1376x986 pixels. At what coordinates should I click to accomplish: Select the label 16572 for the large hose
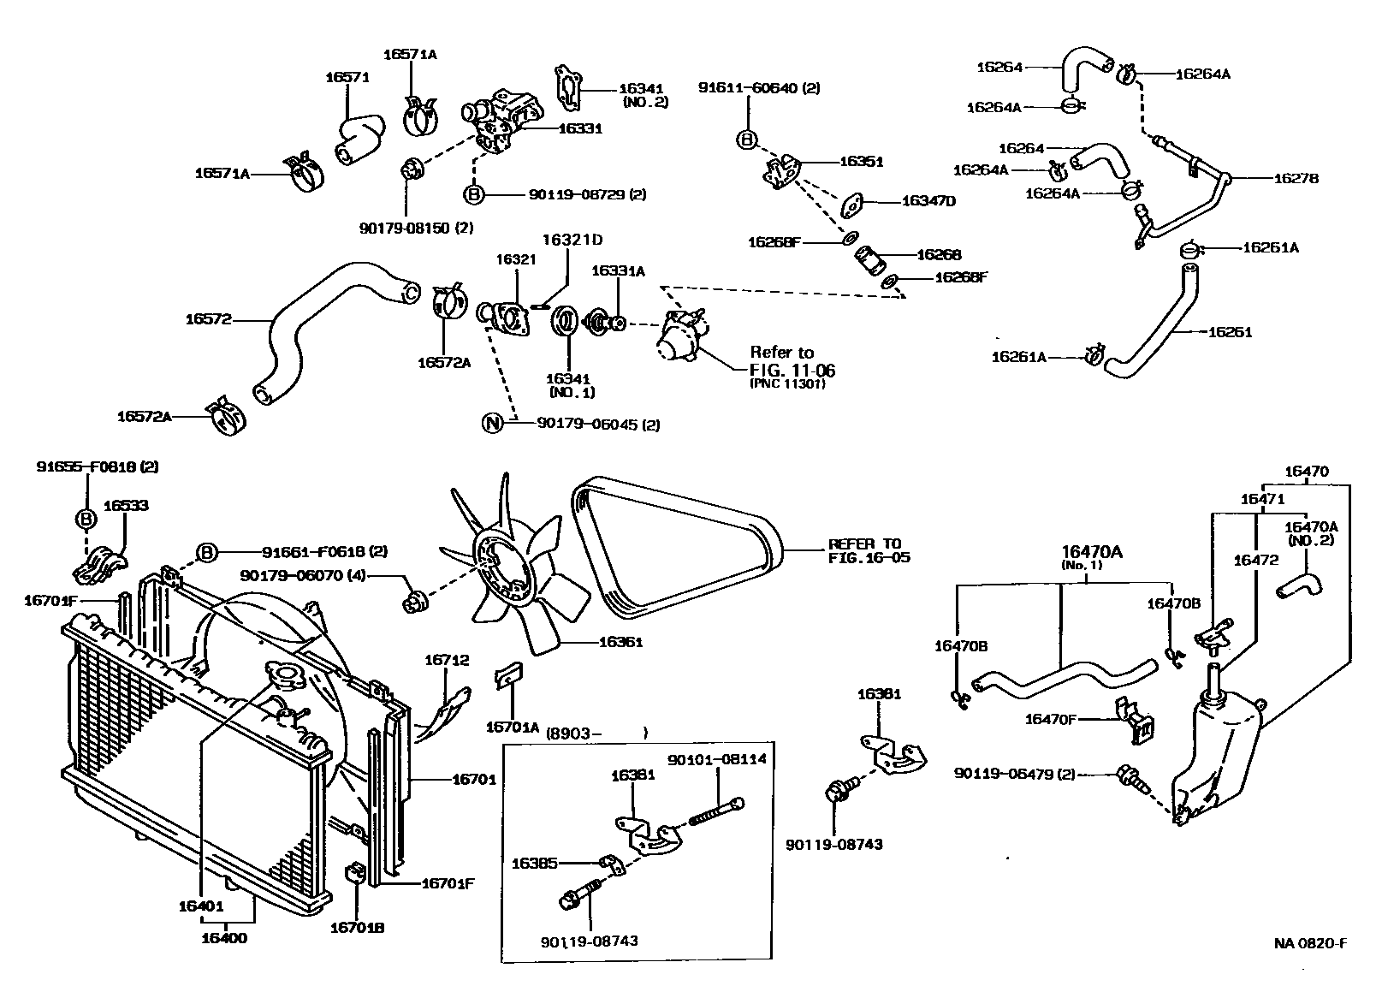click(x=208, y=319)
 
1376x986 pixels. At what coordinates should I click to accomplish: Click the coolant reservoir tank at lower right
click(x=1215, y=762)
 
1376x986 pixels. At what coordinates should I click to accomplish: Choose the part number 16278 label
click(x=1296, y=179)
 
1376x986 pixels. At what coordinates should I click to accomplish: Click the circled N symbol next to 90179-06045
click(x=492, y=423)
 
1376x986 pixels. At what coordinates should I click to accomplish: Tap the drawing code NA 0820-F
click(x=1310, y=943)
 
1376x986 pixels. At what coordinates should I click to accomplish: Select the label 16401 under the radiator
click(x=201, y=906)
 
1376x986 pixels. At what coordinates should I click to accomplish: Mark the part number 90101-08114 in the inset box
click(x=716, y=758)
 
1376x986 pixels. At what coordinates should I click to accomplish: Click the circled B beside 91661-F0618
click(x=206, y=553)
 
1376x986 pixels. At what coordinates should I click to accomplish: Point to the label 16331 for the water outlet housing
click(x=580, y=128)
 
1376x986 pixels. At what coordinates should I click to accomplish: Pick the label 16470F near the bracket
click(x=1050, y=719)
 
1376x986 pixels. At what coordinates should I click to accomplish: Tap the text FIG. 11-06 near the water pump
click(x=792, y=371)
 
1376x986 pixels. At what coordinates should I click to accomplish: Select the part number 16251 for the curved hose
click(x=1230, y=331)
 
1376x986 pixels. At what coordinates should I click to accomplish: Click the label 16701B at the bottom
click(x=357, y=926)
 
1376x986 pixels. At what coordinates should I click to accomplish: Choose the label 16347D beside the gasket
click(x=928, y=201)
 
